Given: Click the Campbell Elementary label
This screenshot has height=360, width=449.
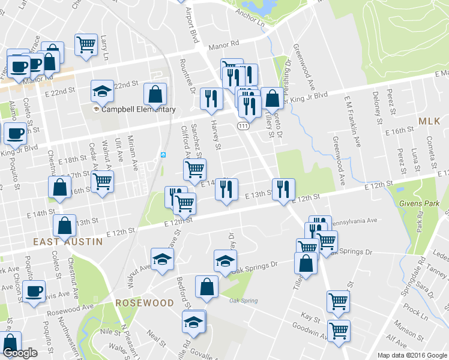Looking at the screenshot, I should (138, 110).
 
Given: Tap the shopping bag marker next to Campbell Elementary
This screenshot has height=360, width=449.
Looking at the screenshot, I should (155, 94).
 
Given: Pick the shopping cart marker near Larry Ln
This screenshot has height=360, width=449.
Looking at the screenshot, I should (86, 44).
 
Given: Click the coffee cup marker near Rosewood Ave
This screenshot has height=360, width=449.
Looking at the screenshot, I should (34, 291).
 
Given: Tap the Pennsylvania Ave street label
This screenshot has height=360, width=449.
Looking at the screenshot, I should (354, 221).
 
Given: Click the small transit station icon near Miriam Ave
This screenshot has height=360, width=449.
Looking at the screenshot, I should (163, 154).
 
